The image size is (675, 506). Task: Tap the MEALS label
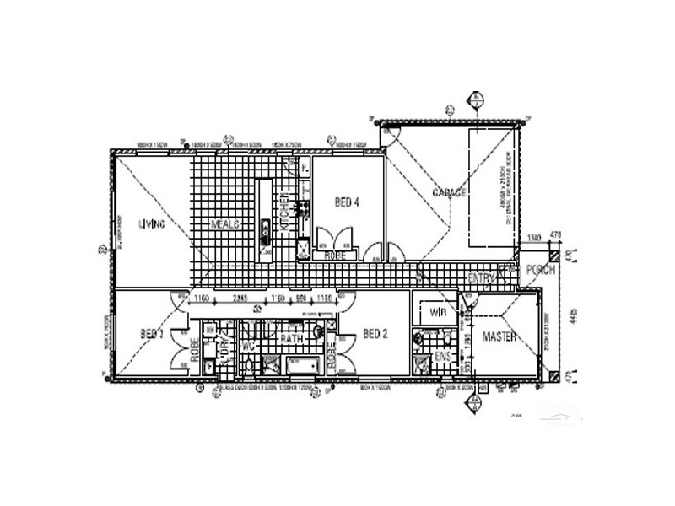pyautogui.click(x=226, y=224)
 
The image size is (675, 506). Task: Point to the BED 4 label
pyautogui.click(x=348, y=202)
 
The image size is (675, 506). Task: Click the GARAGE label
pyautogui.click(x=450, y=193)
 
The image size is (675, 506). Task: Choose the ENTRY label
pyautogui.click(x=481, y=278)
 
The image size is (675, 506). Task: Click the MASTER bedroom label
pyautogui.click(x=499, y=337)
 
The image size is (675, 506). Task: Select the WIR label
pyautogui.click(x=437, y=312)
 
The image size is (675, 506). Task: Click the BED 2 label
pyautogui.click(x=375, y=335)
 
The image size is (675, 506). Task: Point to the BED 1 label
pyautogui.click(x=151, y=335)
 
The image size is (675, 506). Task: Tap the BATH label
pyautogui.click(x=292, y=338)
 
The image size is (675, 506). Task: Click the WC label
pyautogui.click(x=249, y=346)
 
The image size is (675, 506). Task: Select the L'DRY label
pyautogui.click(x=224, y=346)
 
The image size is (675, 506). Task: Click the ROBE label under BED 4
pyautogui.click(x=334, y=254)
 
